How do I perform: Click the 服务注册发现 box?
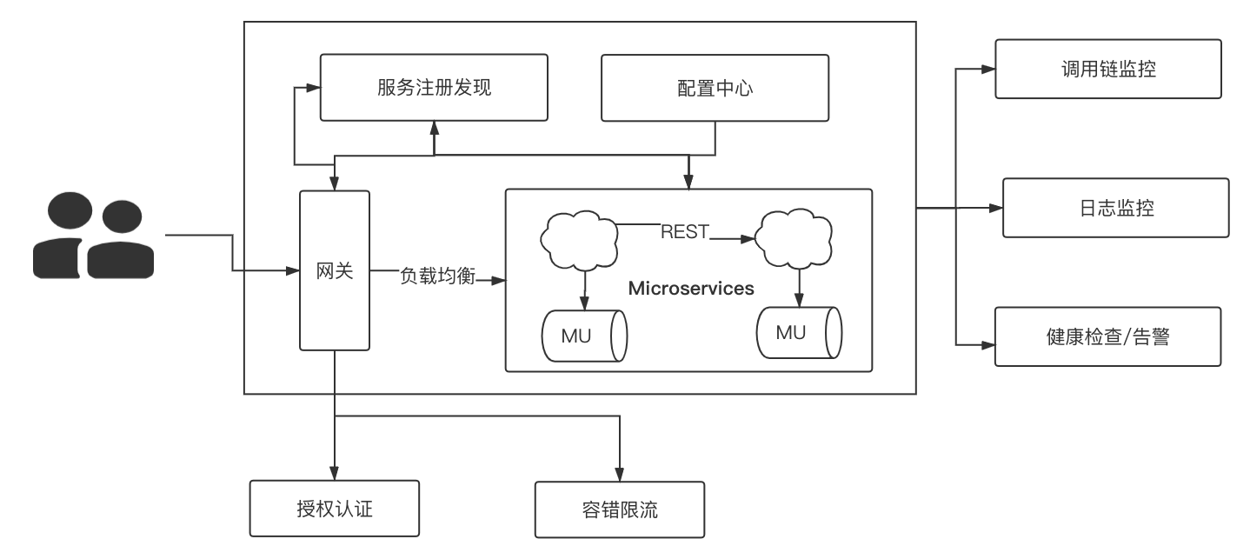[434, 87]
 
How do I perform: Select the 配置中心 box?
[715, 87]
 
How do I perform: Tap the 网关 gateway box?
[334, 270]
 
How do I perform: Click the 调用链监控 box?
[1107, 69]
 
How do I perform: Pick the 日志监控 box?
[1115, 208]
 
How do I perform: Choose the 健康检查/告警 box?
[1107, 336]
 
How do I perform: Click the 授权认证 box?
[334, 509]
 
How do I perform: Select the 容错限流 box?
[619, 509]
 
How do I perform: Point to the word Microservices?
[691, 288]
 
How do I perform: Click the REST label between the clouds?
[685, 231]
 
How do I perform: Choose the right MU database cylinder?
[798, 332]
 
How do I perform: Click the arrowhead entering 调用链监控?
[989, 69]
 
